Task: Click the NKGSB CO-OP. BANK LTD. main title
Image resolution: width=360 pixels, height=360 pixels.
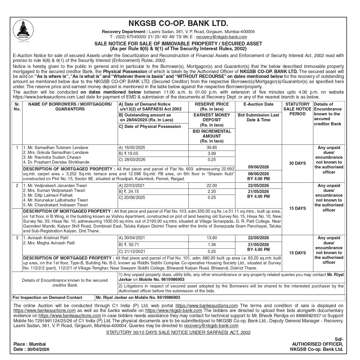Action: pyautogui.click(x=178, y=23)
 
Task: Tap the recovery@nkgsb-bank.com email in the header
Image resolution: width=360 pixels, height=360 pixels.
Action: pyautogui.click(x=222, y=37)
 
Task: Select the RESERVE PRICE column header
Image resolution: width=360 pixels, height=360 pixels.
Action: pyautogui.click(x=212, y=106)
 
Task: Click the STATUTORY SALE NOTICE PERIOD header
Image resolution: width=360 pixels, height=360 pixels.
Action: pyautogui.click(x=297, y=109)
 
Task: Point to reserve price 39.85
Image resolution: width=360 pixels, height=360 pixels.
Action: pyautogui.click(x=212, y=148)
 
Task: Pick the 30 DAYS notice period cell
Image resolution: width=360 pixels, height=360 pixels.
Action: pyautogui.click(x=297, y=163)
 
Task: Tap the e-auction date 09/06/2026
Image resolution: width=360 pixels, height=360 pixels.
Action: pyautogui.click(x=258, y=167)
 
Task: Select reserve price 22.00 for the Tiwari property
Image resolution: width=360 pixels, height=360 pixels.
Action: pyautogui.click(x=212, y=186)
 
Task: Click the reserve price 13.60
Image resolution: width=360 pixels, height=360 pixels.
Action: pyautogui.click(x=212, y=238)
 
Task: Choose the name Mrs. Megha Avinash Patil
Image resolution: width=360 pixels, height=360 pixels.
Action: pyautogui.click(x=49, y=243)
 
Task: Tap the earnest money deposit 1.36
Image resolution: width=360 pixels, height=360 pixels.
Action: pyautogui.click(x=212, y=245)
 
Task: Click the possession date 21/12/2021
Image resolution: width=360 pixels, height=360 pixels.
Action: pyautogui.click(x=132, y=252)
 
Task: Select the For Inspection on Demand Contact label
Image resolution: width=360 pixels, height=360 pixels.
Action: pyautogui.click(x=47, y=297)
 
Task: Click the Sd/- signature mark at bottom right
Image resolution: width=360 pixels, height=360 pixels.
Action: pyautogui.click(x=339, y=339)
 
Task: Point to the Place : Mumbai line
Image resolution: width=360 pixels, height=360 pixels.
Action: pyautogui.click(x=29, y=344)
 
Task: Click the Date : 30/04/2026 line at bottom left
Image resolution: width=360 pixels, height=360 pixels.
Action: pyautogui.click(x=31, y=349)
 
